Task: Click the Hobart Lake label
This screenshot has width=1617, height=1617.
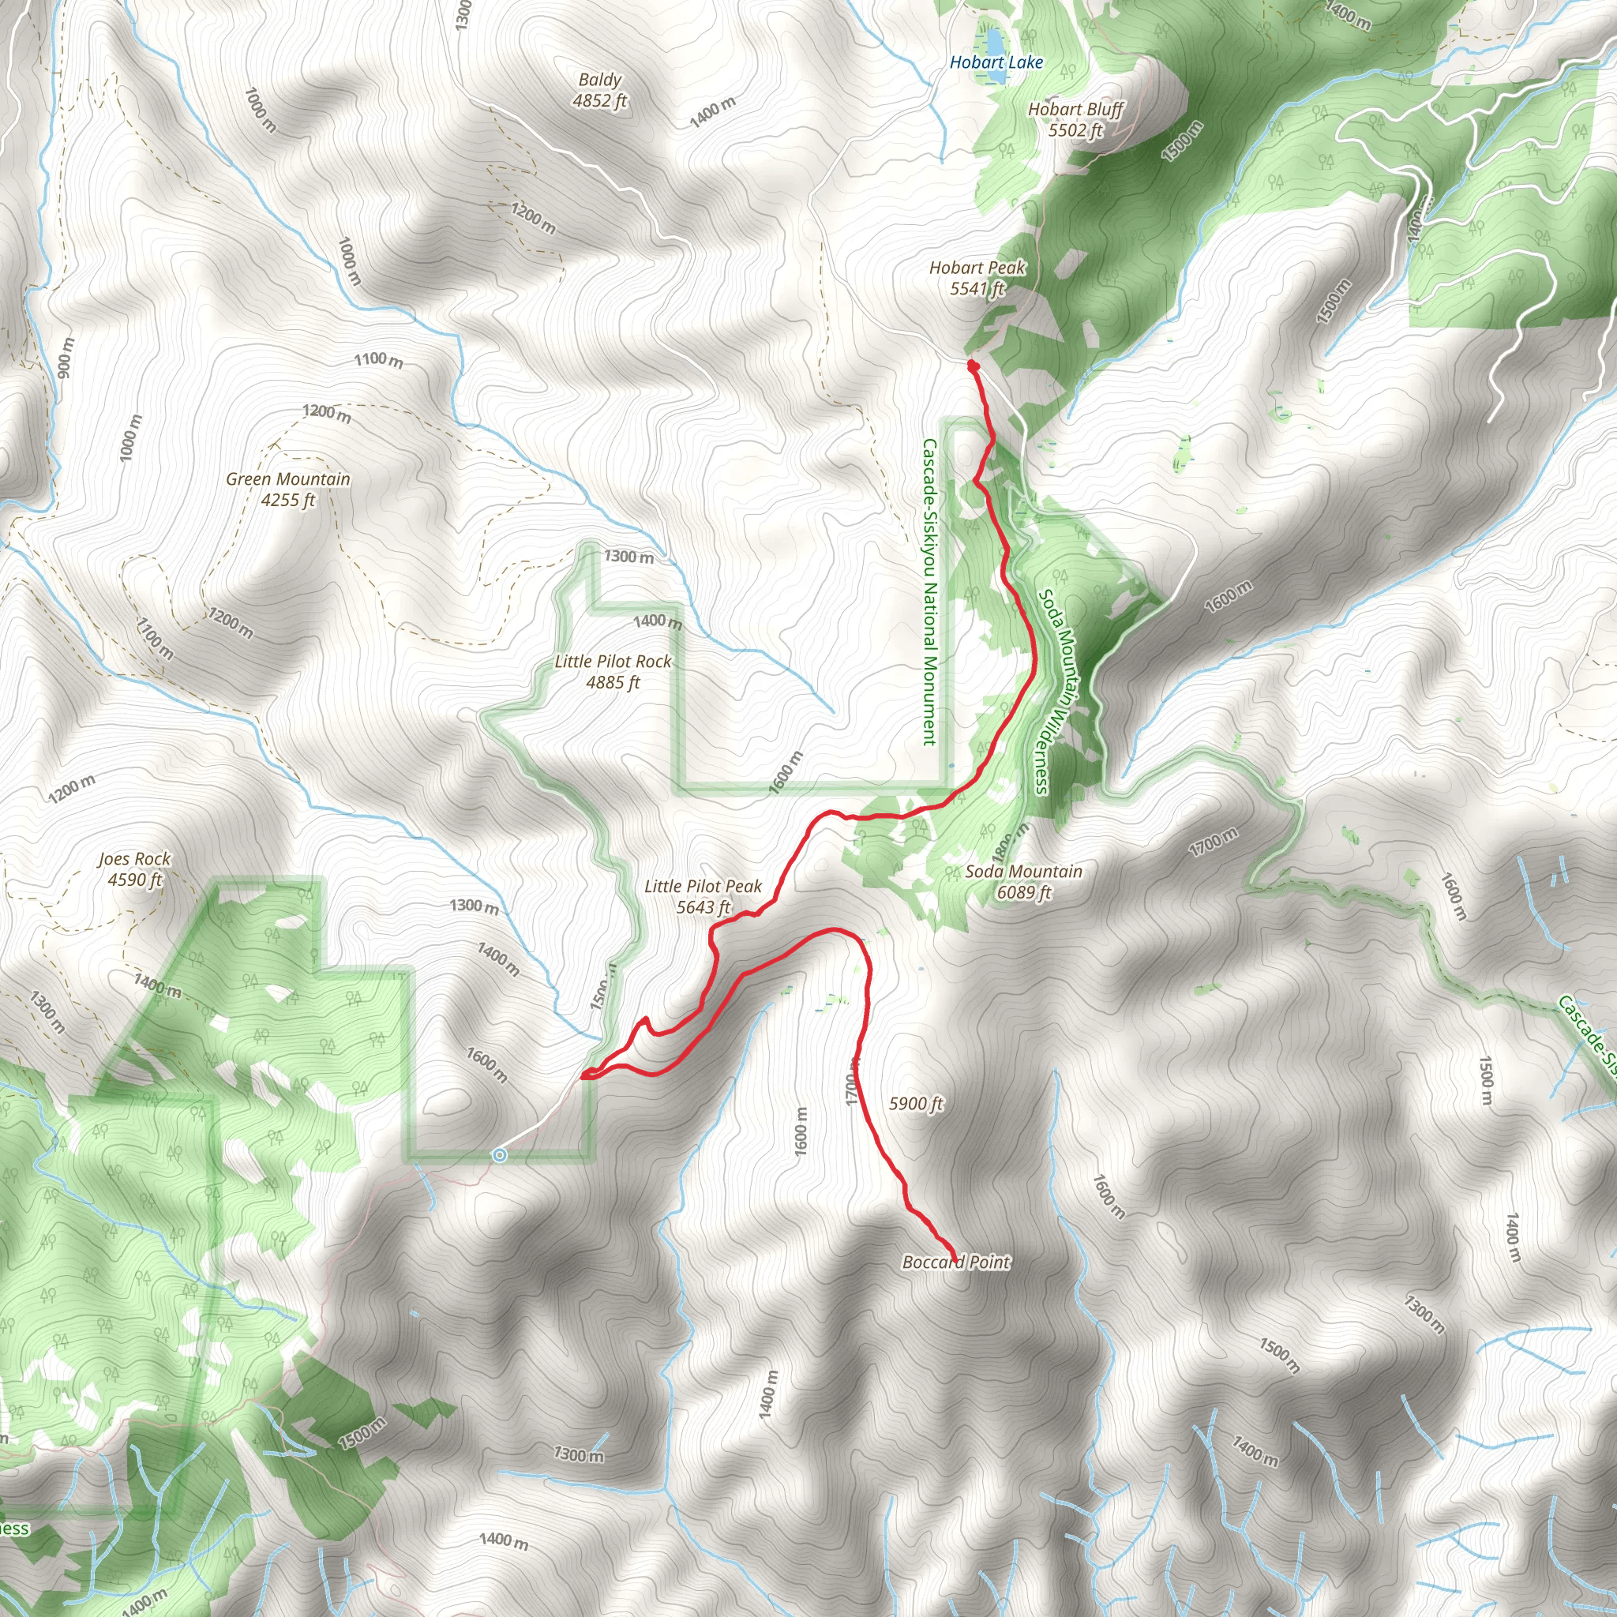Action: [x=996, y=62]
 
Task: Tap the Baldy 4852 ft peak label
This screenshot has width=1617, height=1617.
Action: [x=599, y=90]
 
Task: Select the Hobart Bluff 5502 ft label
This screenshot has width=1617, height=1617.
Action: [x=1075, y=120]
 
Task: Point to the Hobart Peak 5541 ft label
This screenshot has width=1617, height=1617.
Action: [x=977, y=278]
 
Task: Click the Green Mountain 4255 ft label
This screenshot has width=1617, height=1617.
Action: [x=288, y=490]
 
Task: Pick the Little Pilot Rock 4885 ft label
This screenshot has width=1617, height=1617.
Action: [x=613, y=672]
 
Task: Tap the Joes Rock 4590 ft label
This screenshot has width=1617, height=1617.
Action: [x=134, y=869]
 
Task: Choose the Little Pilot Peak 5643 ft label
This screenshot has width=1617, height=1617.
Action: [x=703, y=896]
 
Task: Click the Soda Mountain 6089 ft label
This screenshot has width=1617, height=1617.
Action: [x=1023, y=881]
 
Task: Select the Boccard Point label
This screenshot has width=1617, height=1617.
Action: [x=957, y=1262]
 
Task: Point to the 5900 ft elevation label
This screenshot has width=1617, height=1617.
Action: [x=916, y=1104]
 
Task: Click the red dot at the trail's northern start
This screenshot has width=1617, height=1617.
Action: [x=973, y=366]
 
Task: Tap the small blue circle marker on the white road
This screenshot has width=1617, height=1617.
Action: [x=500, y=1156]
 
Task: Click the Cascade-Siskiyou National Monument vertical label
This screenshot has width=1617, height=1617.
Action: [x=929, y=591]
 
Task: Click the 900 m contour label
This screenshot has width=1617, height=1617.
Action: [x=66, y=358]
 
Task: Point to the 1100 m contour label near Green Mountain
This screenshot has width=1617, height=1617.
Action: [x=378, y=360]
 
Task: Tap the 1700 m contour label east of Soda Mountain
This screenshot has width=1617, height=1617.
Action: [x=1213, y=842]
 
